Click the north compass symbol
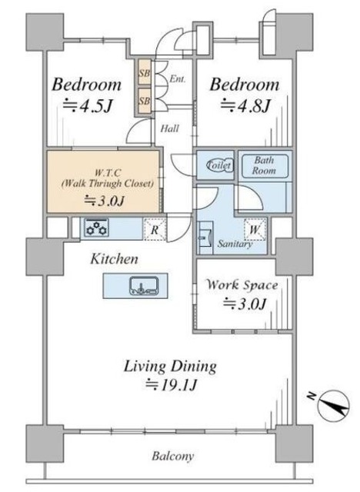point(332,405)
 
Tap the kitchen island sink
point(144,285)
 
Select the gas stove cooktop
point(97,228)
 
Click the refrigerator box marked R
point(155,229)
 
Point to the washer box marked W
point(255,229)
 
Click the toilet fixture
point(220,165)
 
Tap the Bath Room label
point(264,165)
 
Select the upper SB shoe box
point(145,72)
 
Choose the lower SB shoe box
point(145,101)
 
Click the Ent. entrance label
point(178,78)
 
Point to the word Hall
point(170,128)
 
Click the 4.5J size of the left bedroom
point(87,106)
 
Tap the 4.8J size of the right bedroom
point(245,106)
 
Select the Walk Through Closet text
point(108,183)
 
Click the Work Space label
point(242,285)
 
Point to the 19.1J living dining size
point(171,384)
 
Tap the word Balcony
point(173,456)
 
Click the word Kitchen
point(115,259)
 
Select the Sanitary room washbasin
point(205,238)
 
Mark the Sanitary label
point(235,244)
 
